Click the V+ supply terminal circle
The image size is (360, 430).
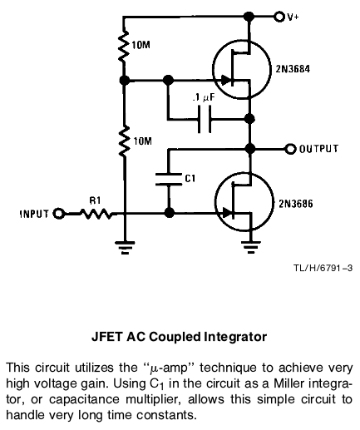click(279, 17)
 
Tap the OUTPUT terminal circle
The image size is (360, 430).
click(290, 149)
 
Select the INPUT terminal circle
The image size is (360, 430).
click(59, 214)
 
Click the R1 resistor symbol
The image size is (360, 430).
click(96, 214)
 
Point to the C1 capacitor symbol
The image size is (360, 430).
click(168, 179)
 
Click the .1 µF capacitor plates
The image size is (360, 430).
click(205, 120)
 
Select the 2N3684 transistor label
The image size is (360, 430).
click(293, 69)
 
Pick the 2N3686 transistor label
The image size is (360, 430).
click(296, 204)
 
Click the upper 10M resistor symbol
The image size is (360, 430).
click(124, 46)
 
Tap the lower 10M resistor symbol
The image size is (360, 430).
click(124, 141)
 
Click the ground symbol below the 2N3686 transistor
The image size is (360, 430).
click(251, 247)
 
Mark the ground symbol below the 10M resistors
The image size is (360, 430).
click(125, 247)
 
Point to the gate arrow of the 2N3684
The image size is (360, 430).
click(226, 81)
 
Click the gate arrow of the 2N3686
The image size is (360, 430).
click(228, 213)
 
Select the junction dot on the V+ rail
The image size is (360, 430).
click(249, 17)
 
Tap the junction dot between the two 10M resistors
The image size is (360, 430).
click(125, 81)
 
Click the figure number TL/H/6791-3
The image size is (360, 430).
click(323, 268)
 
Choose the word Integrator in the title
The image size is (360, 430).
click(235, 337)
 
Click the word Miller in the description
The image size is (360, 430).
click(289, 383)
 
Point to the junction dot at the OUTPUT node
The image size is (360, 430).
click(250, 149)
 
